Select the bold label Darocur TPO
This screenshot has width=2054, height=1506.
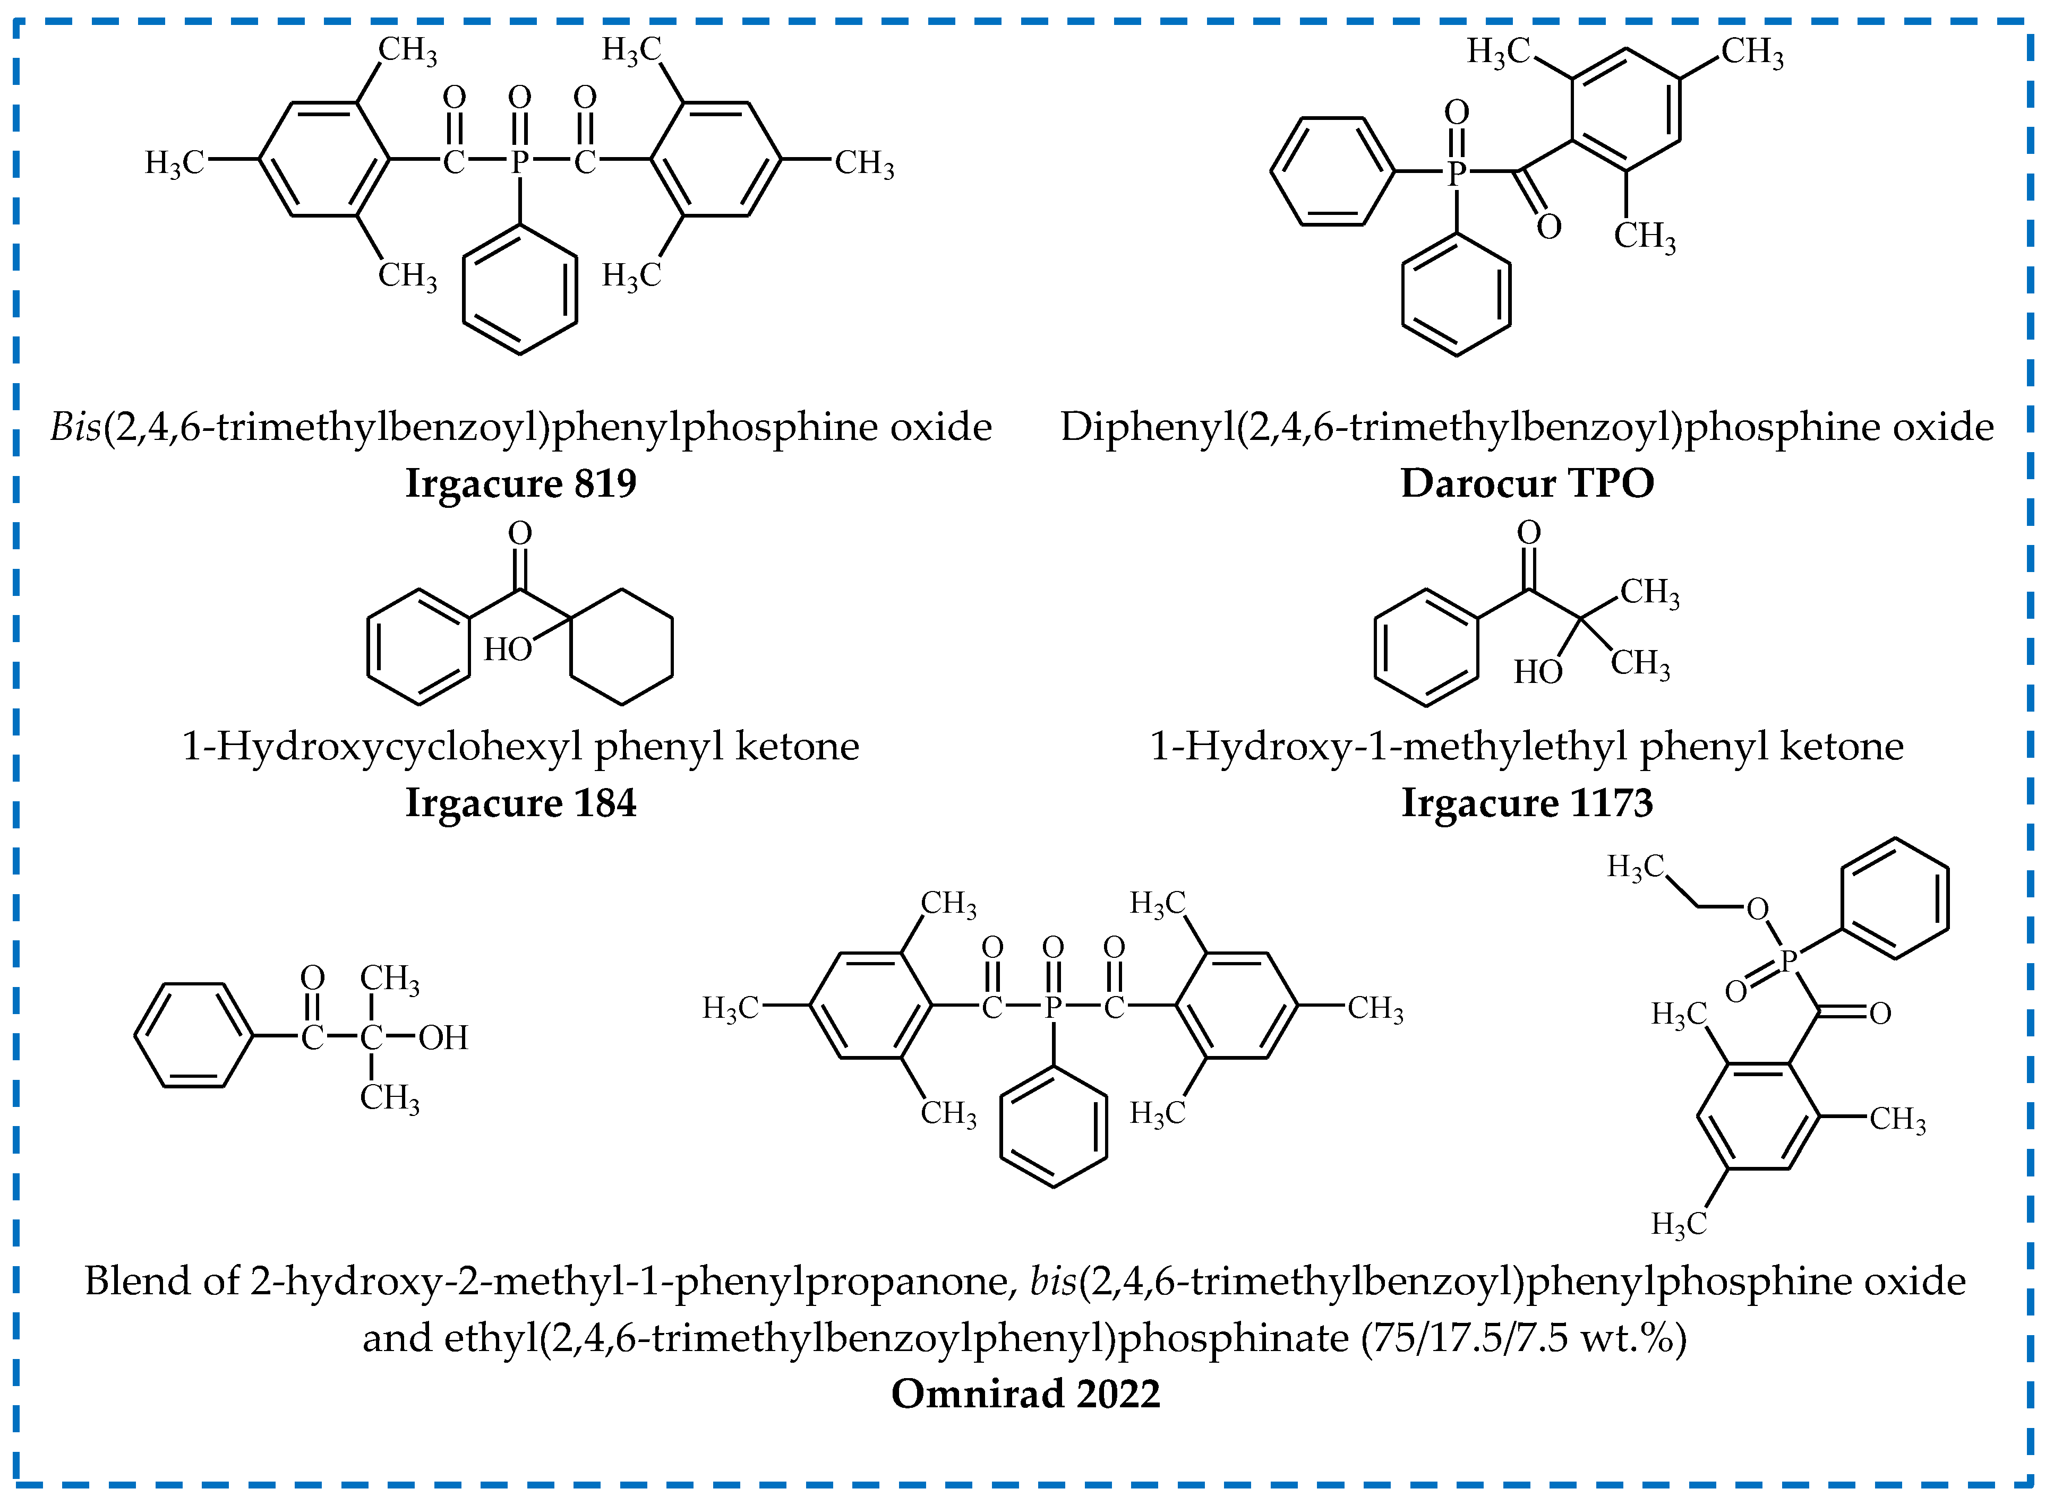pyautogui.click(x=1527, y=483)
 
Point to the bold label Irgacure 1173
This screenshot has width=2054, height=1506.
pyautogui.click(x=1527, y=803)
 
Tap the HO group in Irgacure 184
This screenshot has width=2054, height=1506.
pyautogui.click(x=507, y=649)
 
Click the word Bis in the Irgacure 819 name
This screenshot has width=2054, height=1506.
pyautogui.click(x=75, y=427)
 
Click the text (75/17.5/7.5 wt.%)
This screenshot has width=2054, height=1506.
pyautogui.click(x=1523, y=1337)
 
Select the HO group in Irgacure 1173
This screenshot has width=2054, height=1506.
pyautogui.click(x=1538, y=672)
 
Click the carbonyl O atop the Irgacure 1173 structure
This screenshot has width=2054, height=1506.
pyautogui.click(x=1529, y=532)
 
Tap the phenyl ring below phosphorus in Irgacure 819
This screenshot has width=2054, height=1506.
pyautogui.click(x=520, y=290)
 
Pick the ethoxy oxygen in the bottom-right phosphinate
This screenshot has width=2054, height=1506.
pyautogui.click(x=1757, y=909)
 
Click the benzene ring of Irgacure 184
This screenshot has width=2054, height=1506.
pyautogui.click(x=418, y=646)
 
